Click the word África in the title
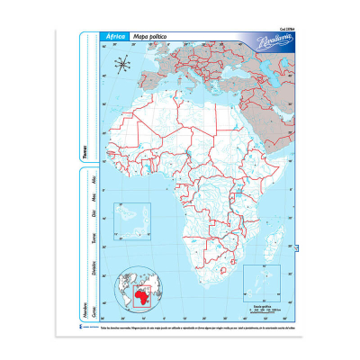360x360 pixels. click(x=115, y=36)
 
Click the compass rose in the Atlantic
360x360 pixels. click(x=126, y=65)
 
